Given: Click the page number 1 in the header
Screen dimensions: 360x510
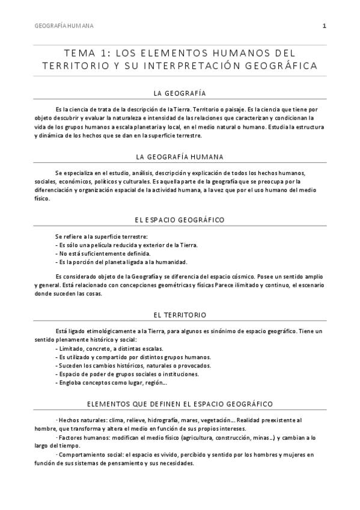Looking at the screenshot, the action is [324, 26].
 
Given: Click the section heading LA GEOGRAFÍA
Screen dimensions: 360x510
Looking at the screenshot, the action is [180, 93].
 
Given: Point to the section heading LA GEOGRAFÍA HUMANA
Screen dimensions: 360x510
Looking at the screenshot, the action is [180, 157].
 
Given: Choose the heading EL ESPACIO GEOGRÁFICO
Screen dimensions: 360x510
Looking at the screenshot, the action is [180, 220].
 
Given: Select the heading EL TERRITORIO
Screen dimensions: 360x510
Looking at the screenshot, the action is [180, 315].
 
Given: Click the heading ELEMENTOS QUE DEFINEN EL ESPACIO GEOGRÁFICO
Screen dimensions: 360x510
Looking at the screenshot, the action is [180, 402].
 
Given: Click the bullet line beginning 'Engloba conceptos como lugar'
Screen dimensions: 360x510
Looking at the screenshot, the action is [112, 382].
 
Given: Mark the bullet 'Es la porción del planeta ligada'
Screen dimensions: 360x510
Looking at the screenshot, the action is [121, 262].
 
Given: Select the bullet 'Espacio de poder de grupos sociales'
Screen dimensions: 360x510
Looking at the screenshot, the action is [127, 373].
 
